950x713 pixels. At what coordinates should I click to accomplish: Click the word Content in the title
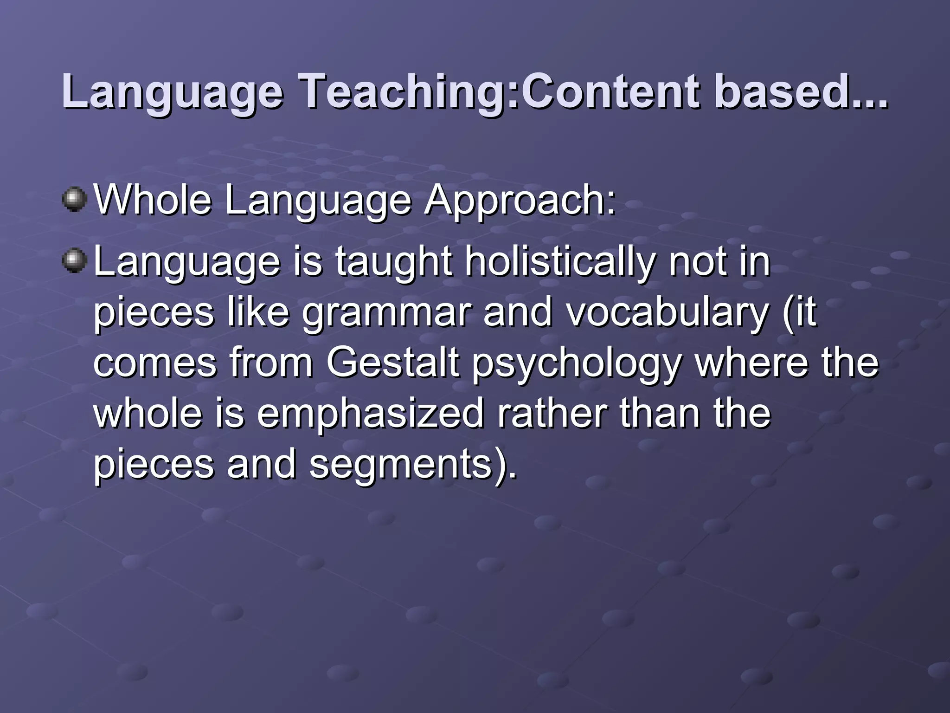point(611,91)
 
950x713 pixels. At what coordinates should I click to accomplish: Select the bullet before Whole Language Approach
point(74,200)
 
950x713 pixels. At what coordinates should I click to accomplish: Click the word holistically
point(560,262)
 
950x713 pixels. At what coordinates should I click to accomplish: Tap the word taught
point(394,262)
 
